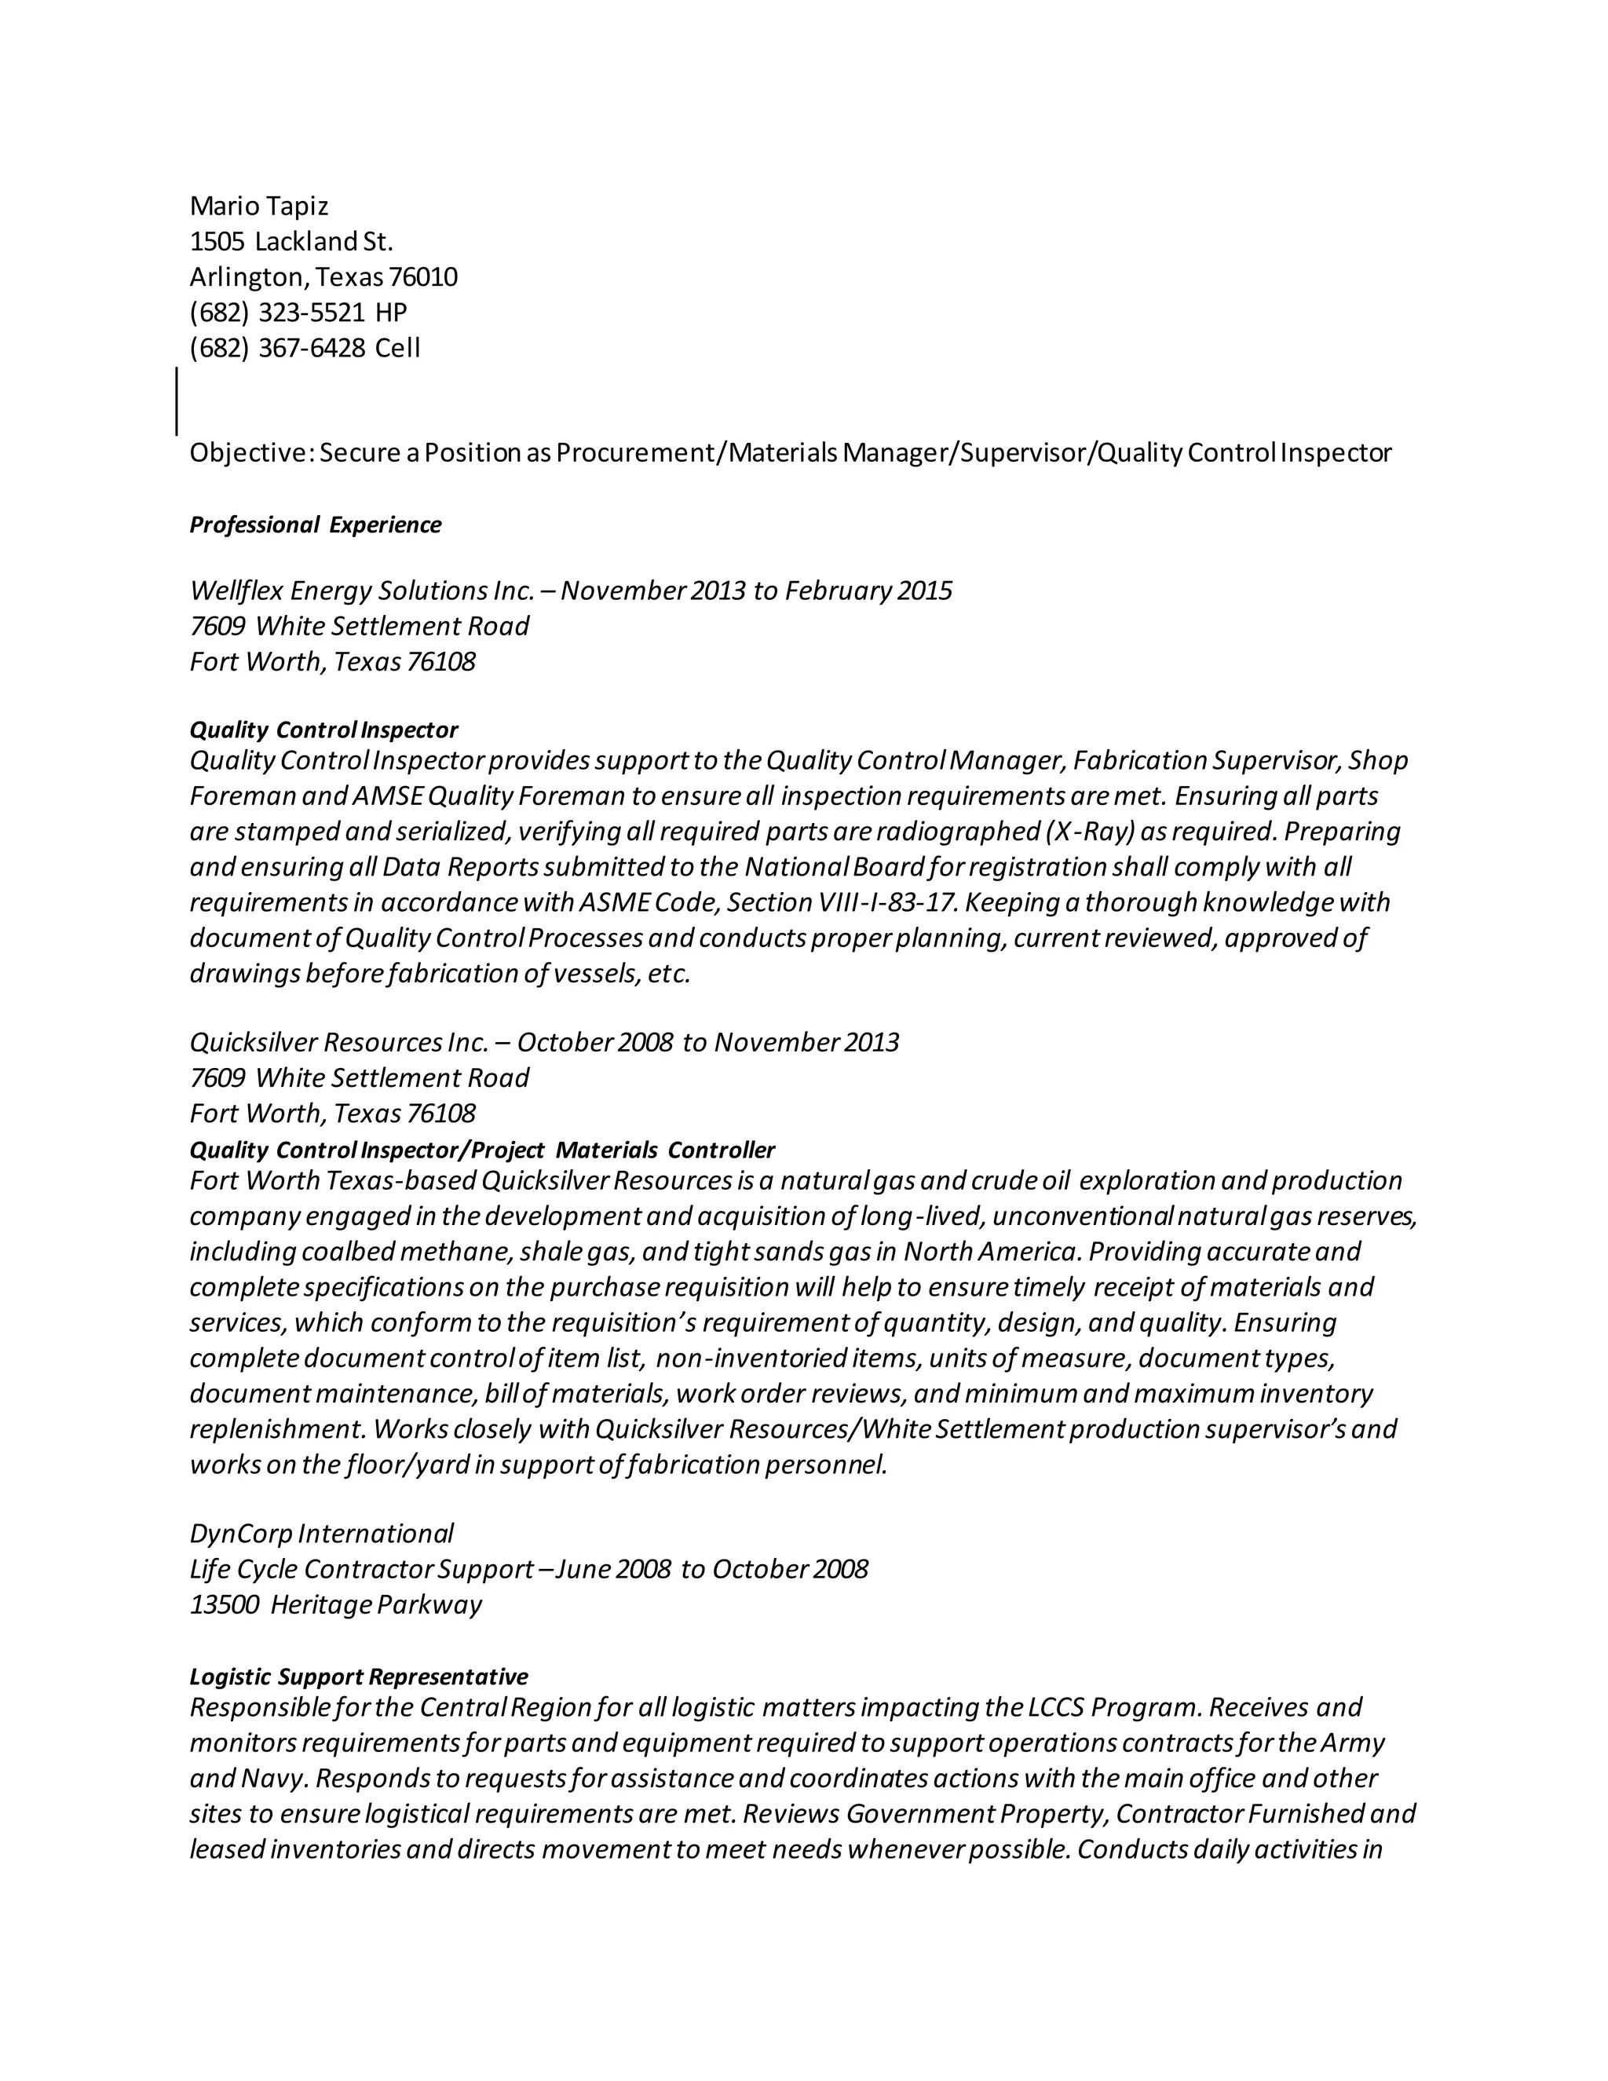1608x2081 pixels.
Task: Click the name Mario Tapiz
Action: point(259,206)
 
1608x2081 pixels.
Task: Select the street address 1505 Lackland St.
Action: point(291,241)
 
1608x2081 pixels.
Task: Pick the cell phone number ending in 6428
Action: point(278,348)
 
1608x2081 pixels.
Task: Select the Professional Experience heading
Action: point(316,525)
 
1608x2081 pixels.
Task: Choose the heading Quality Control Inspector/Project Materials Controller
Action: point(482,1150)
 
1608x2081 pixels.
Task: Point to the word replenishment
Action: point(276,1429)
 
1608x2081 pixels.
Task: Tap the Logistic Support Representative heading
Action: point(358,1676)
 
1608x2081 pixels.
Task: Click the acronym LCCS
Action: point(1055,1707)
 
